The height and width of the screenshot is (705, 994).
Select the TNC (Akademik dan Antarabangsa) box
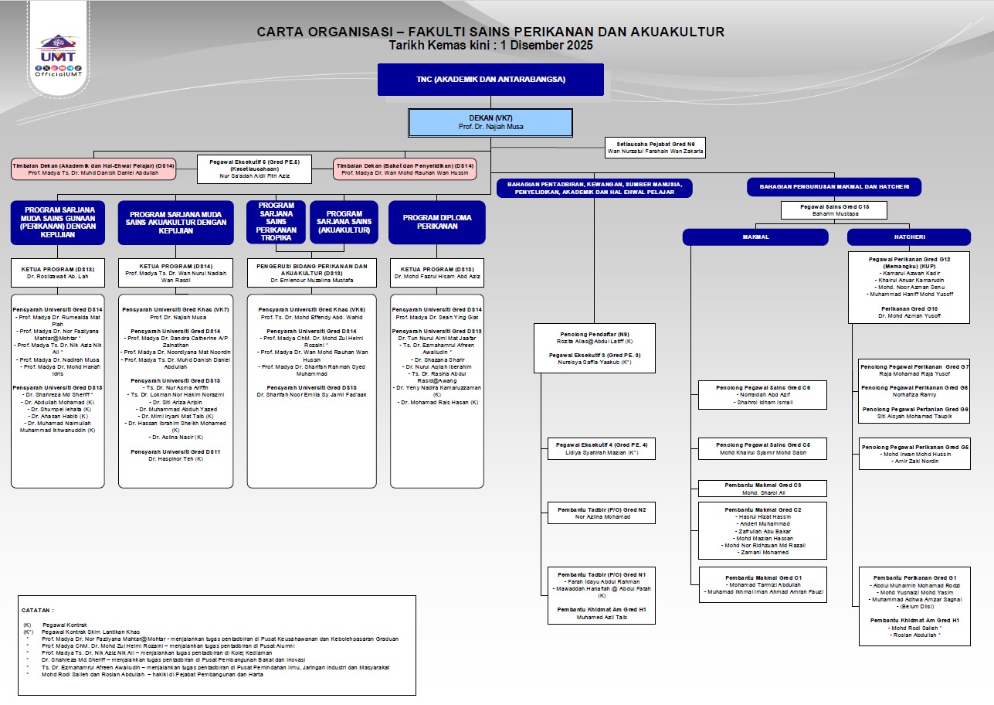tap(490, 80)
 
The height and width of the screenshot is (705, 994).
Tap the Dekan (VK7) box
tap(490, 122)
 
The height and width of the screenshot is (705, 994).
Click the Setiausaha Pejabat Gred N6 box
tap(655, 148)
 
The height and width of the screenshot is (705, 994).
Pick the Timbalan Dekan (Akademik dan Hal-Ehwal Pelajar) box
tap(93, 169)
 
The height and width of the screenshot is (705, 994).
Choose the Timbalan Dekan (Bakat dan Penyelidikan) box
tap(405, 169)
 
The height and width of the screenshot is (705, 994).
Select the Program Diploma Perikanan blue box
tap(437, 223)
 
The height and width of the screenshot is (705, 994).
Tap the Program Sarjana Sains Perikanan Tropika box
tap(276, 223)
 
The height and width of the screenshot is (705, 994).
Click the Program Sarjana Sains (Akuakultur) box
tap(344, 223)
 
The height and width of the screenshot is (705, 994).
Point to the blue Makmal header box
tap(755, 237)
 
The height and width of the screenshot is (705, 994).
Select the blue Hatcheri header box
tap(908, 237)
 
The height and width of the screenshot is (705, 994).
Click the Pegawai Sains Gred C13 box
tap(833, 209)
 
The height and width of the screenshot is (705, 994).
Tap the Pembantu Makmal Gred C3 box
tap(762, 489)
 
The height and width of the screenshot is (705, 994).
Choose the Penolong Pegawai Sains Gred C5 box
tap(762, 448)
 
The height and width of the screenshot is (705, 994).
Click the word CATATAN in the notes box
tap(39, 610)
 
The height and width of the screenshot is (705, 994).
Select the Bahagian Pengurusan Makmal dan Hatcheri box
tap(833, 188)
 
